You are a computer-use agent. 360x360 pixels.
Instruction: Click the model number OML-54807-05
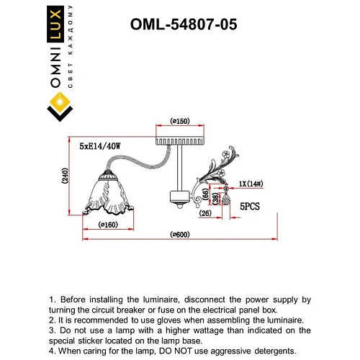click(x=183, y=24)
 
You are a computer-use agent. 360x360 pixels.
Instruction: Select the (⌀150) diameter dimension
click(x=179, y=121)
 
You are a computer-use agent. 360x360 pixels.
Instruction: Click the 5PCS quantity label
click(x=250, y=206)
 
